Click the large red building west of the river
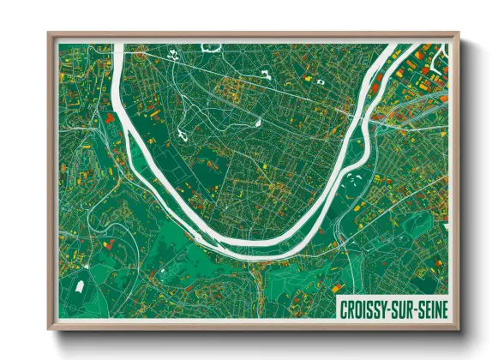pyautogui.click(x=109, y=117)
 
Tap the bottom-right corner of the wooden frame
pyautogui.click(x=458, y=328)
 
